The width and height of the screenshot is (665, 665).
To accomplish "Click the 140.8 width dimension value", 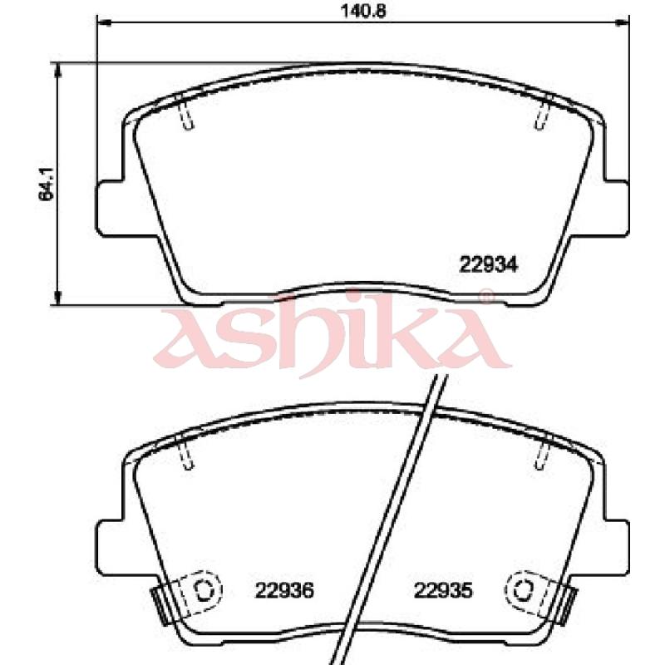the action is [x=363, y=11].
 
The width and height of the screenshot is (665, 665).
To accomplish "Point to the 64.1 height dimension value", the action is [x=46, y=184].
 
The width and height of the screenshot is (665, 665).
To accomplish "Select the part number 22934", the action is [x=489, y=265].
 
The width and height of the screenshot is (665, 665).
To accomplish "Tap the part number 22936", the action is [x=284, y=590].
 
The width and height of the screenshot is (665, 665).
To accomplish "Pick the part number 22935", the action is [x=443, y=590].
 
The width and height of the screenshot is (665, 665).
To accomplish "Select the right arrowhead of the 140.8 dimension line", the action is [x=622, y=23].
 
